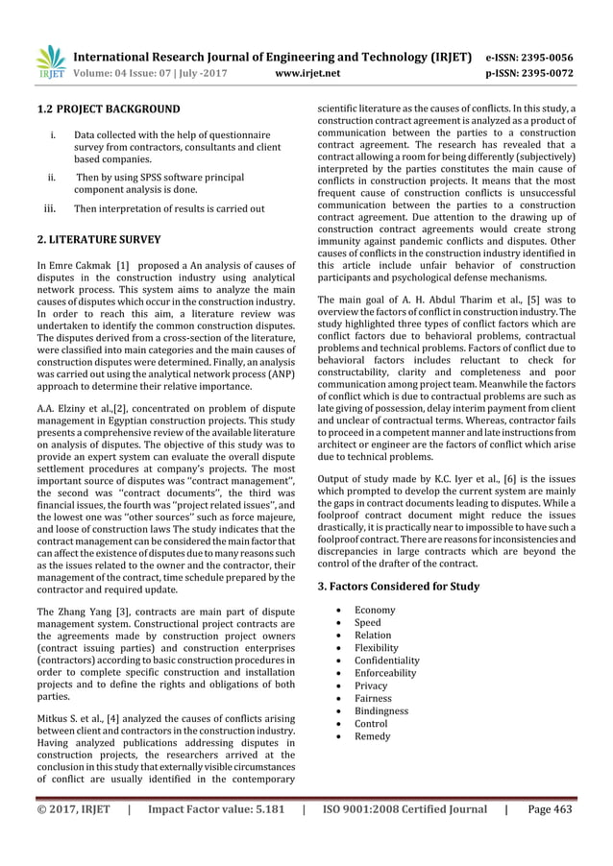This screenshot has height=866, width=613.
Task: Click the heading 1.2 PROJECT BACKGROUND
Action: click(x=103, y=108)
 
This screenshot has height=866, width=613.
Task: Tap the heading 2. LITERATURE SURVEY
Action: click(x=98, y=238)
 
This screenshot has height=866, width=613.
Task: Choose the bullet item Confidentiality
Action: click(x=387, y=661)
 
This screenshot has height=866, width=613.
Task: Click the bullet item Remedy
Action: click(x=373, y=736)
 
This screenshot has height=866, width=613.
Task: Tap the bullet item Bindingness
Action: click(x=381, y=711)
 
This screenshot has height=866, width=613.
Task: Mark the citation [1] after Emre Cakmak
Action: click(x=123, y=264)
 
